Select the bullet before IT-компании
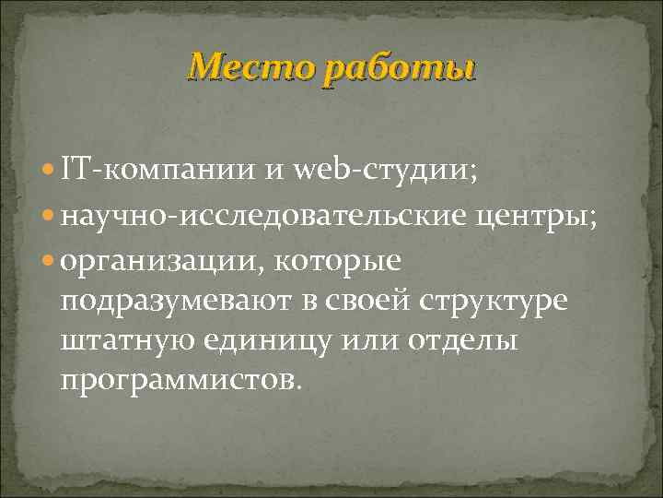tap(50, 171)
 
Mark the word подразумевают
tap(174, 304)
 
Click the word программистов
tap(179, 381)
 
